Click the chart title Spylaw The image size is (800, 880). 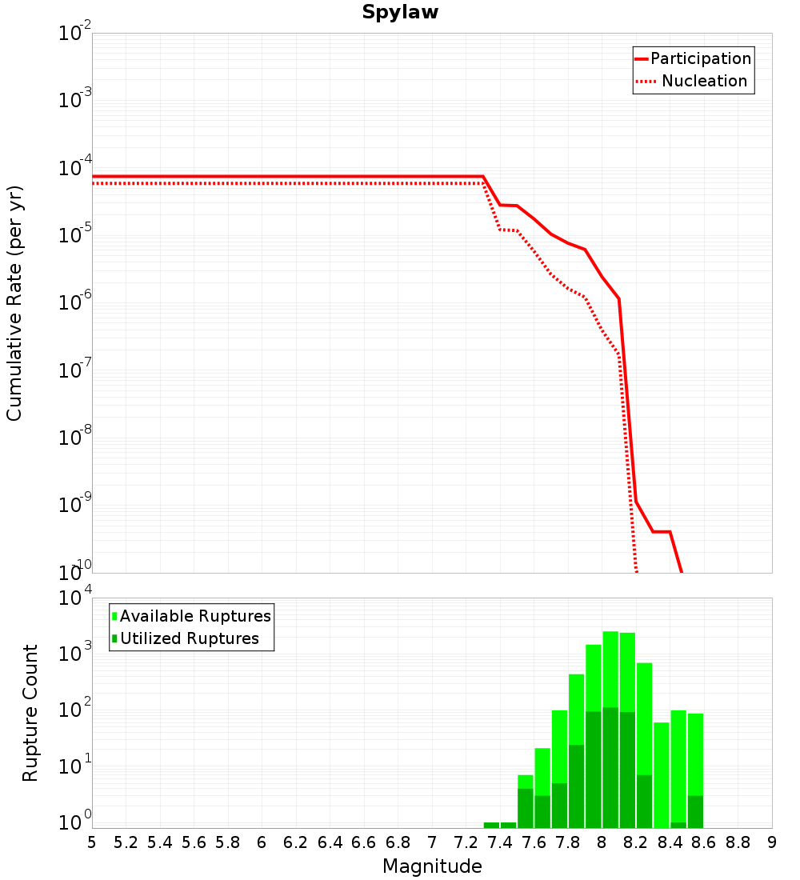click(400, 13)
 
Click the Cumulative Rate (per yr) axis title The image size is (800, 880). click(14, 302)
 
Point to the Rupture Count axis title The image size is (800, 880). click(30, 713)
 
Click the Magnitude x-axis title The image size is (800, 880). click(432, 866)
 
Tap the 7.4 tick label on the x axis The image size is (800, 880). click(500, 842)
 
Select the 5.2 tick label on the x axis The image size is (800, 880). click(126, 842)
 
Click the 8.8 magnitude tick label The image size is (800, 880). click(738, 842)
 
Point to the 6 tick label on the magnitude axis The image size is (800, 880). click(262, 842)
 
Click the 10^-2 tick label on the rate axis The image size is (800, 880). click(74, 34)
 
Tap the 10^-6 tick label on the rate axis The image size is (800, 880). click(74, 303)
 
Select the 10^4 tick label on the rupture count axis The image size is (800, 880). click(74, 598)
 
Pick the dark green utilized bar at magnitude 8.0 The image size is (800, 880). click(610, 768)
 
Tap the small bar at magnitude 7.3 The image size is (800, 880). click(491, 825)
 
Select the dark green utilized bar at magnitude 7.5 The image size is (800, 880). click(526, 808)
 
